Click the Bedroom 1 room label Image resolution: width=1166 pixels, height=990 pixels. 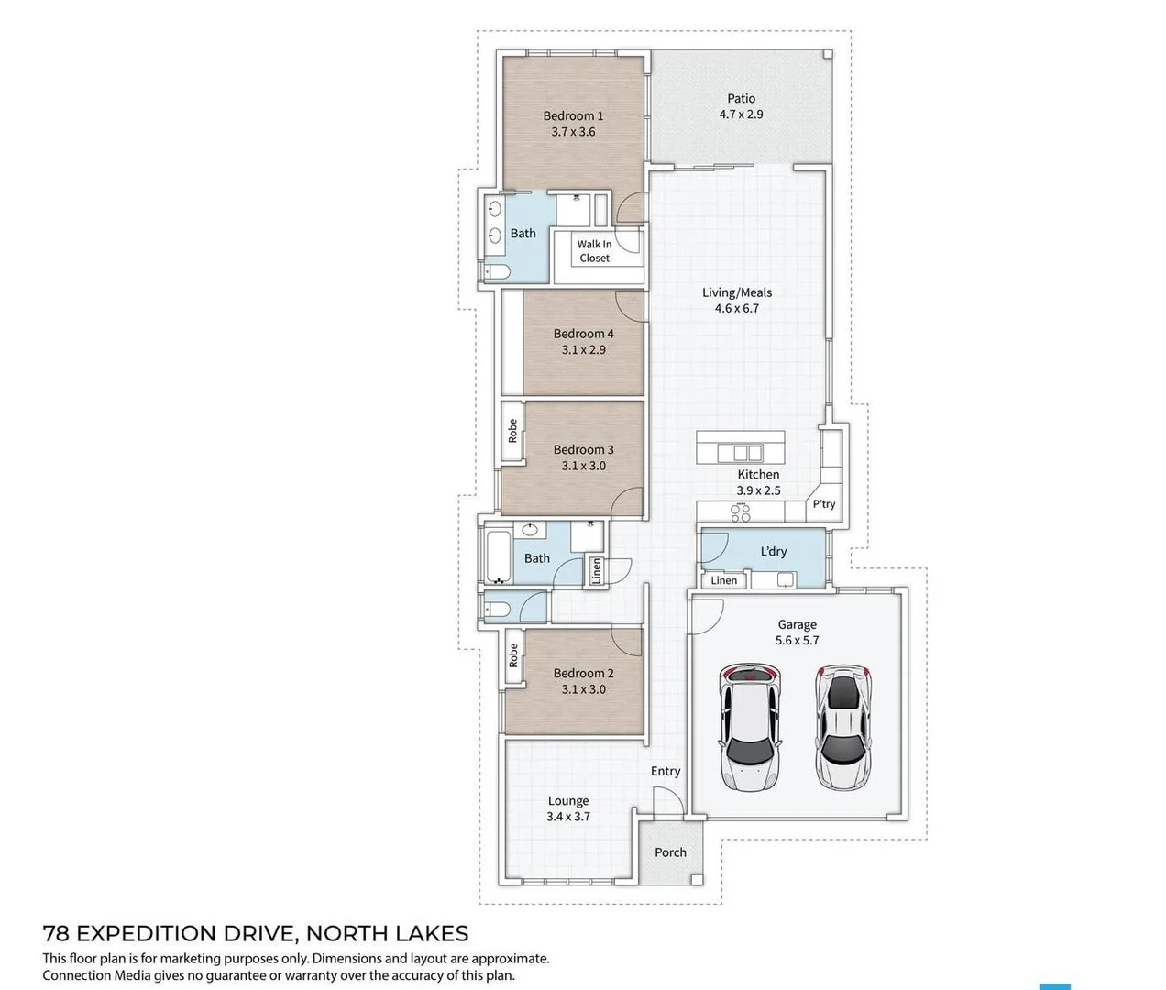pos(573,115)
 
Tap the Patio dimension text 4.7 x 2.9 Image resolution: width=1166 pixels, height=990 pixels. pos(741,115)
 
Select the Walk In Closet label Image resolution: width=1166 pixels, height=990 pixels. pos(594,251)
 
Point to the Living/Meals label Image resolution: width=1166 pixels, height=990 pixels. pos(737,292)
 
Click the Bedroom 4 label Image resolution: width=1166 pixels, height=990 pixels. pos(583,334)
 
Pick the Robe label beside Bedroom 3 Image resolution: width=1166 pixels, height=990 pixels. pos(512,430)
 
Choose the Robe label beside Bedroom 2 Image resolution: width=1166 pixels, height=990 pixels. pos(512,654)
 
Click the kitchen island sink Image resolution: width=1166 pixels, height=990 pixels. pos(747,453)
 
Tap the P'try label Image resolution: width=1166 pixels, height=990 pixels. pos(823,504)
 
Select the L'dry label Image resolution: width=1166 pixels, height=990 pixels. pos(773,551)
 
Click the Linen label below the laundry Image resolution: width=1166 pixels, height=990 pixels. pos(723,580)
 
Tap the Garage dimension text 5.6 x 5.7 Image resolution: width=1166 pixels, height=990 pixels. pos(797,641)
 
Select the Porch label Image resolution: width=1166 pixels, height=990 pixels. pos(670,852)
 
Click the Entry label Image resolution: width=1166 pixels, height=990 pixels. pos(665,771)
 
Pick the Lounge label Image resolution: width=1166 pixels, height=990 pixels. pos(568,800)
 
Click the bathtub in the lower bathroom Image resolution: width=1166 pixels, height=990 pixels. pos(499,555)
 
